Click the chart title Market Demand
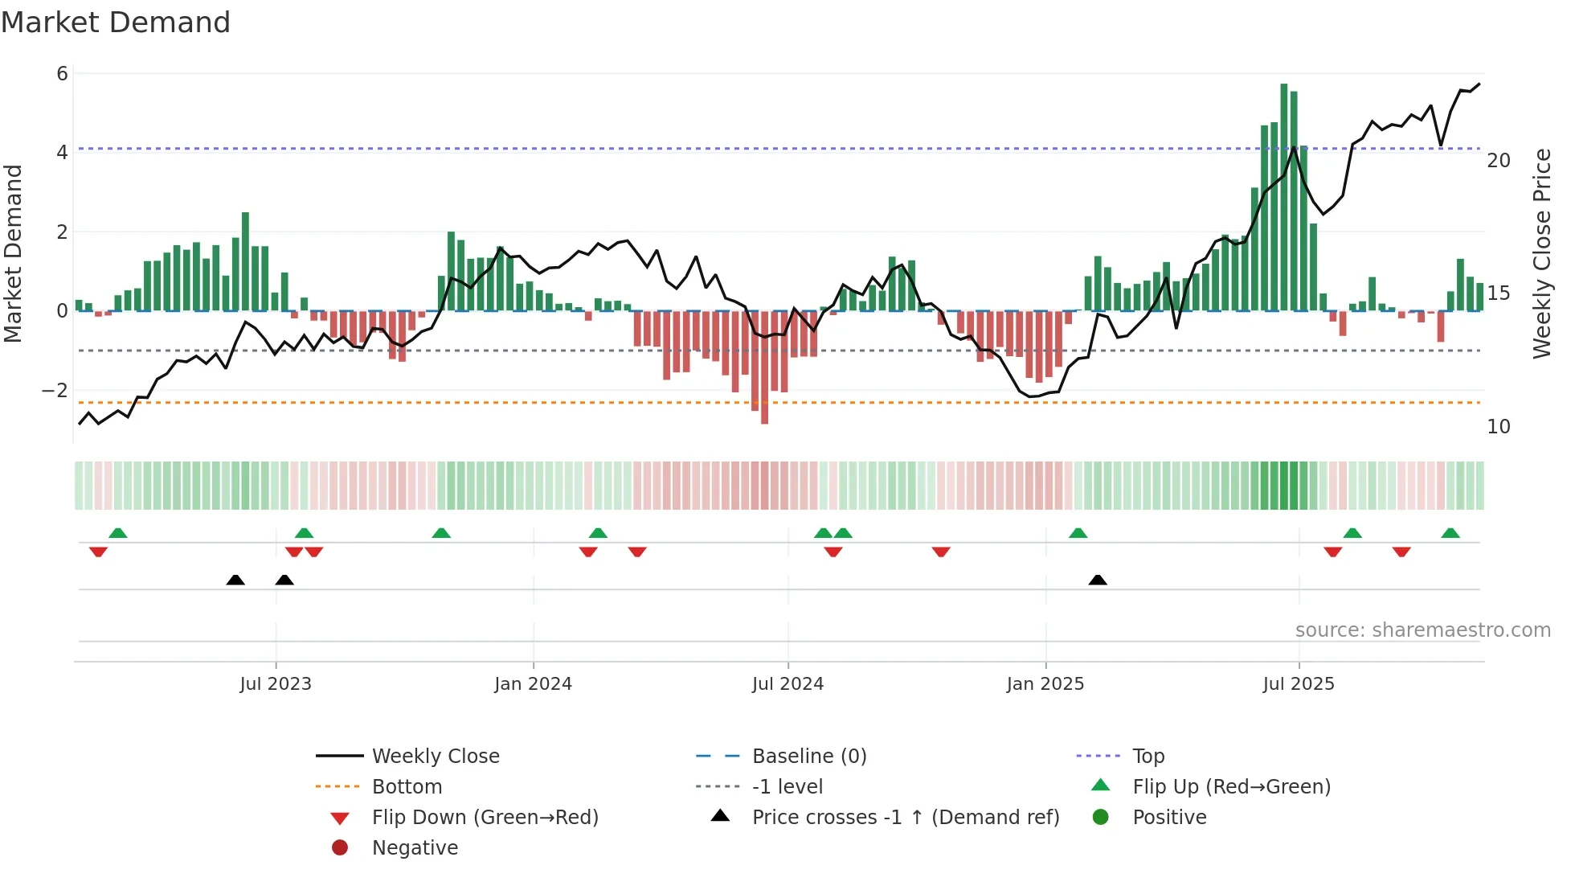116,23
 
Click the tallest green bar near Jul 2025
1283,197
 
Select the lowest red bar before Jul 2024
764,367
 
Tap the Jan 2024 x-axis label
533,684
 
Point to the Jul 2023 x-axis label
276,684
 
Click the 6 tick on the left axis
62,74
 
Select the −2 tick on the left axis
55,391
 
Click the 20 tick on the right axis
1499,161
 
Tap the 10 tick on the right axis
1499,427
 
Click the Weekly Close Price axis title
1541,253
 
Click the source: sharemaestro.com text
1422,630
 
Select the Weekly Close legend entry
435,757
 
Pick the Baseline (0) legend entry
808,757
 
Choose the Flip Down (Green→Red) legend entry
485,818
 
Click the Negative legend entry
415,848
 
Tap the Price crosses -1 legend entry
905,818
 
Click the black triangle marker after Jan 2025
1098,580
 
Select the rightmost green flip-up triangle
1450,533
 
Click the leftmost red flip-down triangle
98,552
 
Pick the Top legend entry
1147,757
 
